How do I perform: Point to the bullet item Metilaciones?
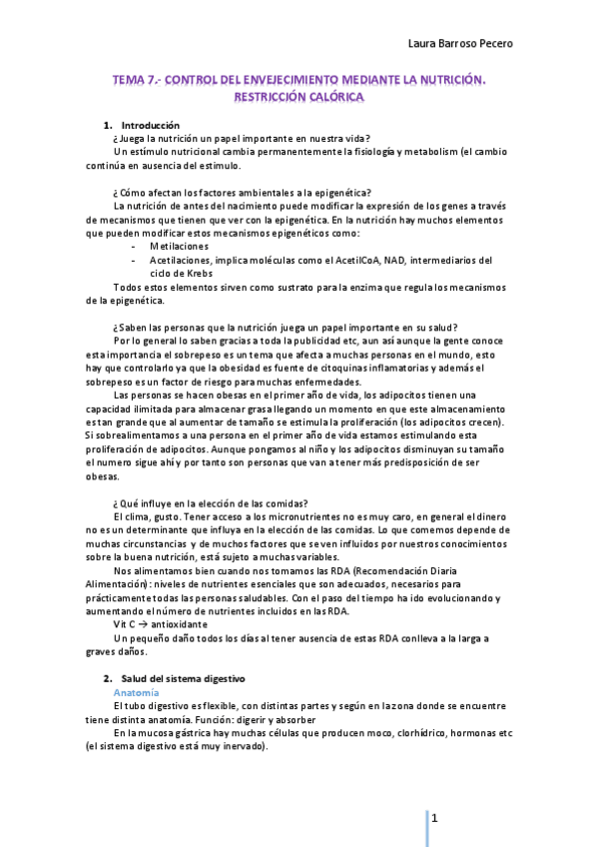pyautogui.click(x=180, y=246)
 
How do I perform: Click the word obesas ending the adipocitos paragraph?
pyautogui.click(x=103, y=476)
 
